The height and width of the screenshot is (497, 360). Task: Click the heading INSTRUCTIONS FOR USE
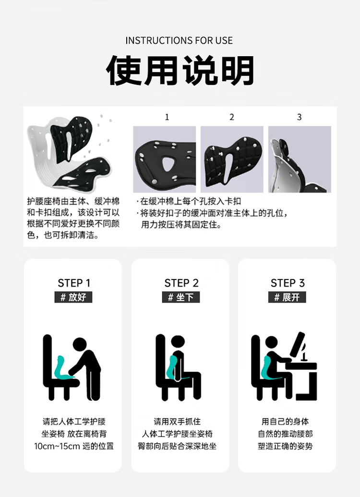(x=179, y=40)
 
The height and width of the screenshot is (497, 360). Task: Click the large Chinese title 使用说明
(x=180, y=71)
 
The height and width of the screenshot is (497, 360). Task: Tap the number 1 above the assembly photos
(x=167, y=117)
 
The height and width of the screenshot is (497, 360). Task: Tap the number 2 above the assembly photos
(x=232, y=117)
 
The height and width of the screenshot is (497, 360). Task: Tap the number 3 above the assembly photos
(x=299, y=117)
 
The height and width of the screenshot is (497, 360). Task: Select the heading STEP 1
(x=74, y=283)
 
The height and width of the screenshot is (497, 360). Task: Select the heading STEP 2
(x=181, y=283)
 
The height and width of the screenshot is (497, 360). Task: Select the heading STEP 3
(x=288, y=283)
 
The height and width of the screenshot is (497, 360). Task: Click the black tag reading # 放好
(x=73, y=297)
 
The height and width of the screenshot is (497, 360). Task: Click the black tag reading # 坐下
(x=180, y=297)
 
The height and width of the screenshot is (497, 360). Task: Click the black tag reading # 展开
(x=287, y=297)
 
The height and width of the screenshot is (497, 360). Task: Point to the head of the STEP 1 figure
(x=80, y=345)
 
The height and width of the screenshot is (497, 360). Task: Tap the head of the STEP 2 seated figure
(x=178, y=342)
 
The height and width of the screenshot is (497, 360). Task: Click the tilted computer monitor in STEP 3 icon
(x=297, y=345)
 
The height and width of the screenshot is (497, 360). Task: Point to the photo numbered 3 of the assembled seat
(x=300, y=159)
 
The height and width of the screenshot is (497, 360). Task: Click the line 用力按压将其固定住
(x=181, y=225)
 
